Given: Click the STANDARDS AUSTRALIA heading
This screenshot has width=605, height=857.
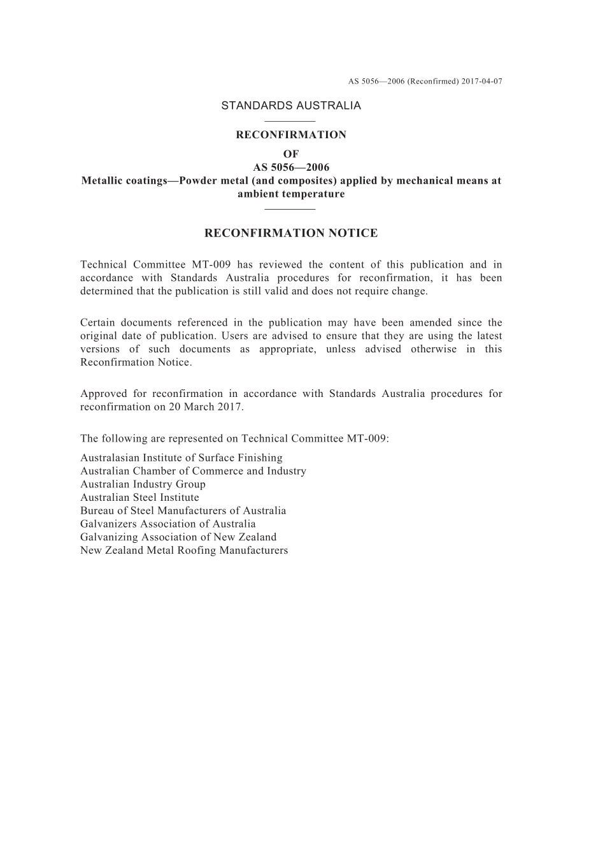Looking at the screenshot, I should [291, 106].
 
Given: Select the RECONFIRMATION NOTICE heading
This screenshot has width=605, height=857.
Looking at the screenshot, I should [291, 233].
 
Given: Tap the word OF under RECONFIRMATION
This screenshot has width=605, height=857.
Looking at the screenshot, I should [291, 154].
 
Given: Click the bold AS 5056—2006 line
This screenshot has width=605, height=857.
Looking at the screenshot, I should [291, 168].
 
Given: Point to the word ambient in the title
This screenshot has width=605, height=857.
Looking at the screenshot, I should [258, 194].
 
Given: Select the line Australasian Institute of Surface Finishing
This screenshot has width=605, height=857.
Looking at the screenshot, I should [181, 458].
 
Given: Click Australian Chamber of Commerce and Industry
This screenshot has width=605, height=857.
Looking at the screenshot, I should [193, 472].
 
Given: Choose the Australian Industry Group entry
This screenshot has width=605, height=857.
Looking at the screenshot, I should [143, 484].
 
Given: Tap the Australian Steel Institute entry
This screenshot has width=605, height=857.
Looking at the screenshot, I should [139, 498].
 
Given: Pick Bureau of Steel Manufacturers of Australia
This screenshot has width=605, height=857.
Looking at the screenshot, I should [183, 511].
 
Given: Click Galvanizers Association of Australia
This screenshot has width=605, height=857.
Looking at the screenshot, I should [168, 524].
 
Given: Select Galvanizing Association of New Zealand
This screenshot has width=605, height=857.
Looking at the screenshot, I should [178, 537].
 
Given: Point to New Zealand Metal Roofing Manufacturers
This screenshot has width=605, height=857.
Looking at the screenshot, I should [184, 551].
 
